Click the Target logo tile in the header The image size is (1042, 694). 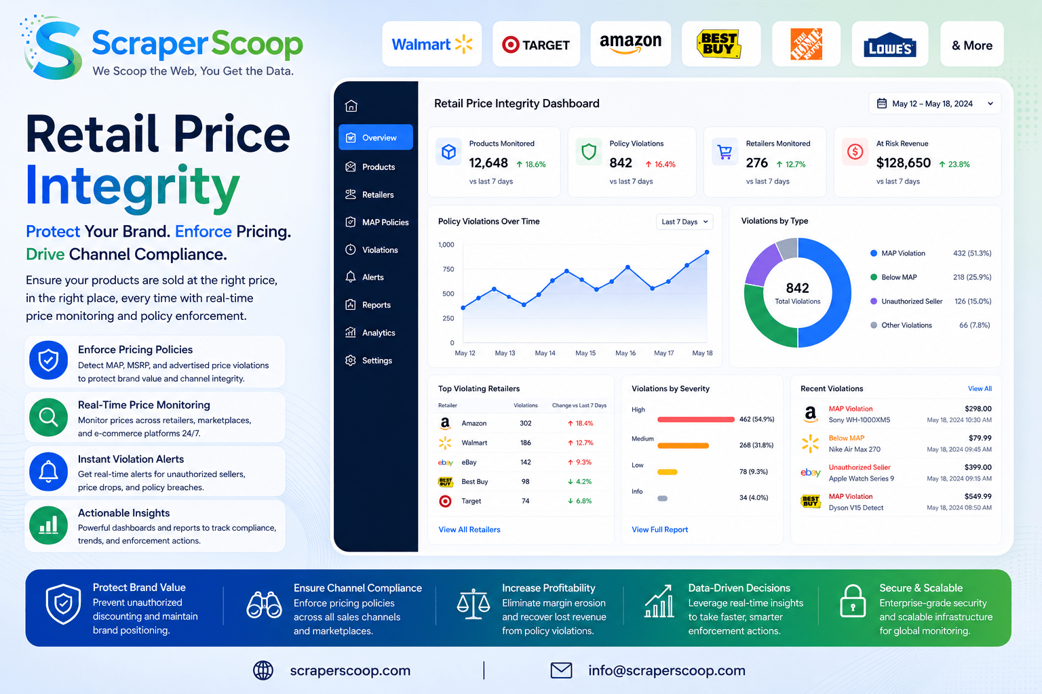(536, 44)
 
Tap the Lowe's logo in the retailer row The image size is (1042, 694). (889, 45)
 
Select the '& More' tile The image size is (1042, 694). (971, 44)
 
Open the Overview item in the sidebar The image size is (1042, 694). (375, 137)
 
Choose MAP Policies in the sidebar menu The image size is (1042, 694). (377, 222)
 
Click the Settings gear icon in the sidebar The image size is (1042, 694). (350, 361)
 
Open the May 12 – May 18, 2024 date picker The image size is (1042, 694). (935, 104)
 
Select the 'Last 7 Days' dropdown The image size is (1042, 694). (684, 222)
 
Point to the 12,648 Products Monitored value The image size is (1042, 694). (488, 163)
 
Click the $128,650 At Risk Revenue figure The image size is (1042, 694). (904, 163)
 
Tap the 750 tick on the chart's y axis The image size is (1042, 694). (448, 269)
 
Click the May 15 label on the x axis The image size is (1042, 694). (585, 353)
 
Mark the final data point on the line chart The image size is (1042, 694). (707, 252)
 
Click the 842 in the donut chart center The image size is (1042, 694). (797, 288)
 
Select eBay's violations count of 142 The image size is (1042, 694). (526, 462)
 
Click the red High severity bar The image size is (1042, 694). (695, 420)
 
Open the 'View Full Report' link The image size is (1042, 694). (659, 529)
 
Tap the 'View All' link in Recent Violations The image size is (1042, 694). (980, 388)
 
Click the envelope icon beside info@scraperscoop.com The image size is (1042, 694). (561, 670)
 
